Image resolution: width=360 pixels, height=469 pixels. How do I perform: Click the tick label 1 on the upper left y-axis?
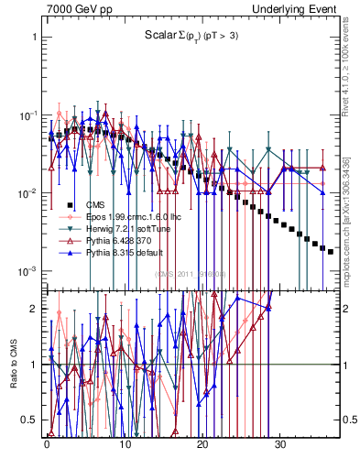pos(34,38)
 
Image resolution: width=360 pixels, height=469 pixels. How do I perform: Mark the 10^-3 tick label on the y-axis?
pos(27,271)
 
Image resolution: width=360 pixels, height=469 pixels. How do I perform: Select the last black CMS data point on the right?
pos(331,251)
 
